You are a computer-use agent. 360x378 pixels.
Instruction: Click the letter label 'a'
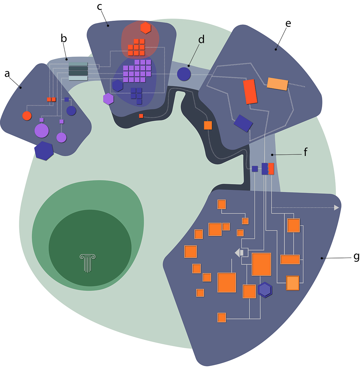click(x=7, y=74)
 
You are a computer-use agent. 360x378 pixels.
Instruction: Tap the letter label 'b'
click(x=63, y=39)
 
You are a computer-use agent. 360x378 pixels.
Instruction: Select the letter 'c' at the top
click(x=100, y=7)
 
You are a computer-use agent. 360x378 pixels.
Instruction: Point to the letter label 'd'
click(x=201, y=39)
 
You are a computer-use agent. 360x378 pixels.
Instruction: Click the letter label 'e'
click(x=288, y=23)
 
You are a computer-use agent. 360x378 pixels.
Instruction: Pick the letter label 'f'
click(x=305, y=152)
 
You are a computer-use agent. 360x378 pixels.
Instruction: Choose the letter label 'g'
click(x=356, y=257)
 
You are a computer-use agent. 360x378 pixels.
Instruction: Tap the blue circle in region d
click(x=184, y=74)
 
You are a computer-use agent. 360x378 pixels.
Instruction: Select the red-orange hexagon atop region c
click(x=146, y=28)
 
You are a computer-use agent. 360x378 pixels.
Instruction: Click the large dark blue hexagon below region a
click(x=44, y=151)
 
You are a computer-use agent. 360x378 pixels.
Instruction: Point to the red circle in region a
click(x=27, y=116)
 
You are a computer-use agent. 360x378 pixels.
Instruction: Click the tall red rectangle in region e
click(x=250, y=92)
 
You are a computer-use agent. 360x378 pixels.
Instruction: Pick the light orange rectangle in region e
click(x=277, y=84)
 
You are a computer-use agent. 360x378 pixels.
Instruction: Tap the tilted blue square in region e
click(x=243, y=123)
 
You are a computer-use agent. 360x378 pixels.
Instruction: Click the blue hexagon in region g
click(x=265, y=290)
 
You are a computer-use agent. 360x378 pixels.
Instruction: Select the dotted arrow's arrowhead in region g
click(x=336, y=207)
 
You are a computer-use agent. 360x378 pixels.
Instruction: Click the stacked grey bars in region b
click(x=78, y=71)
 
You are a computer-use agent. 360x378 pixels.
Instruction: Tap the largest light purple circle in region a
click(x=41, y=131)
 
